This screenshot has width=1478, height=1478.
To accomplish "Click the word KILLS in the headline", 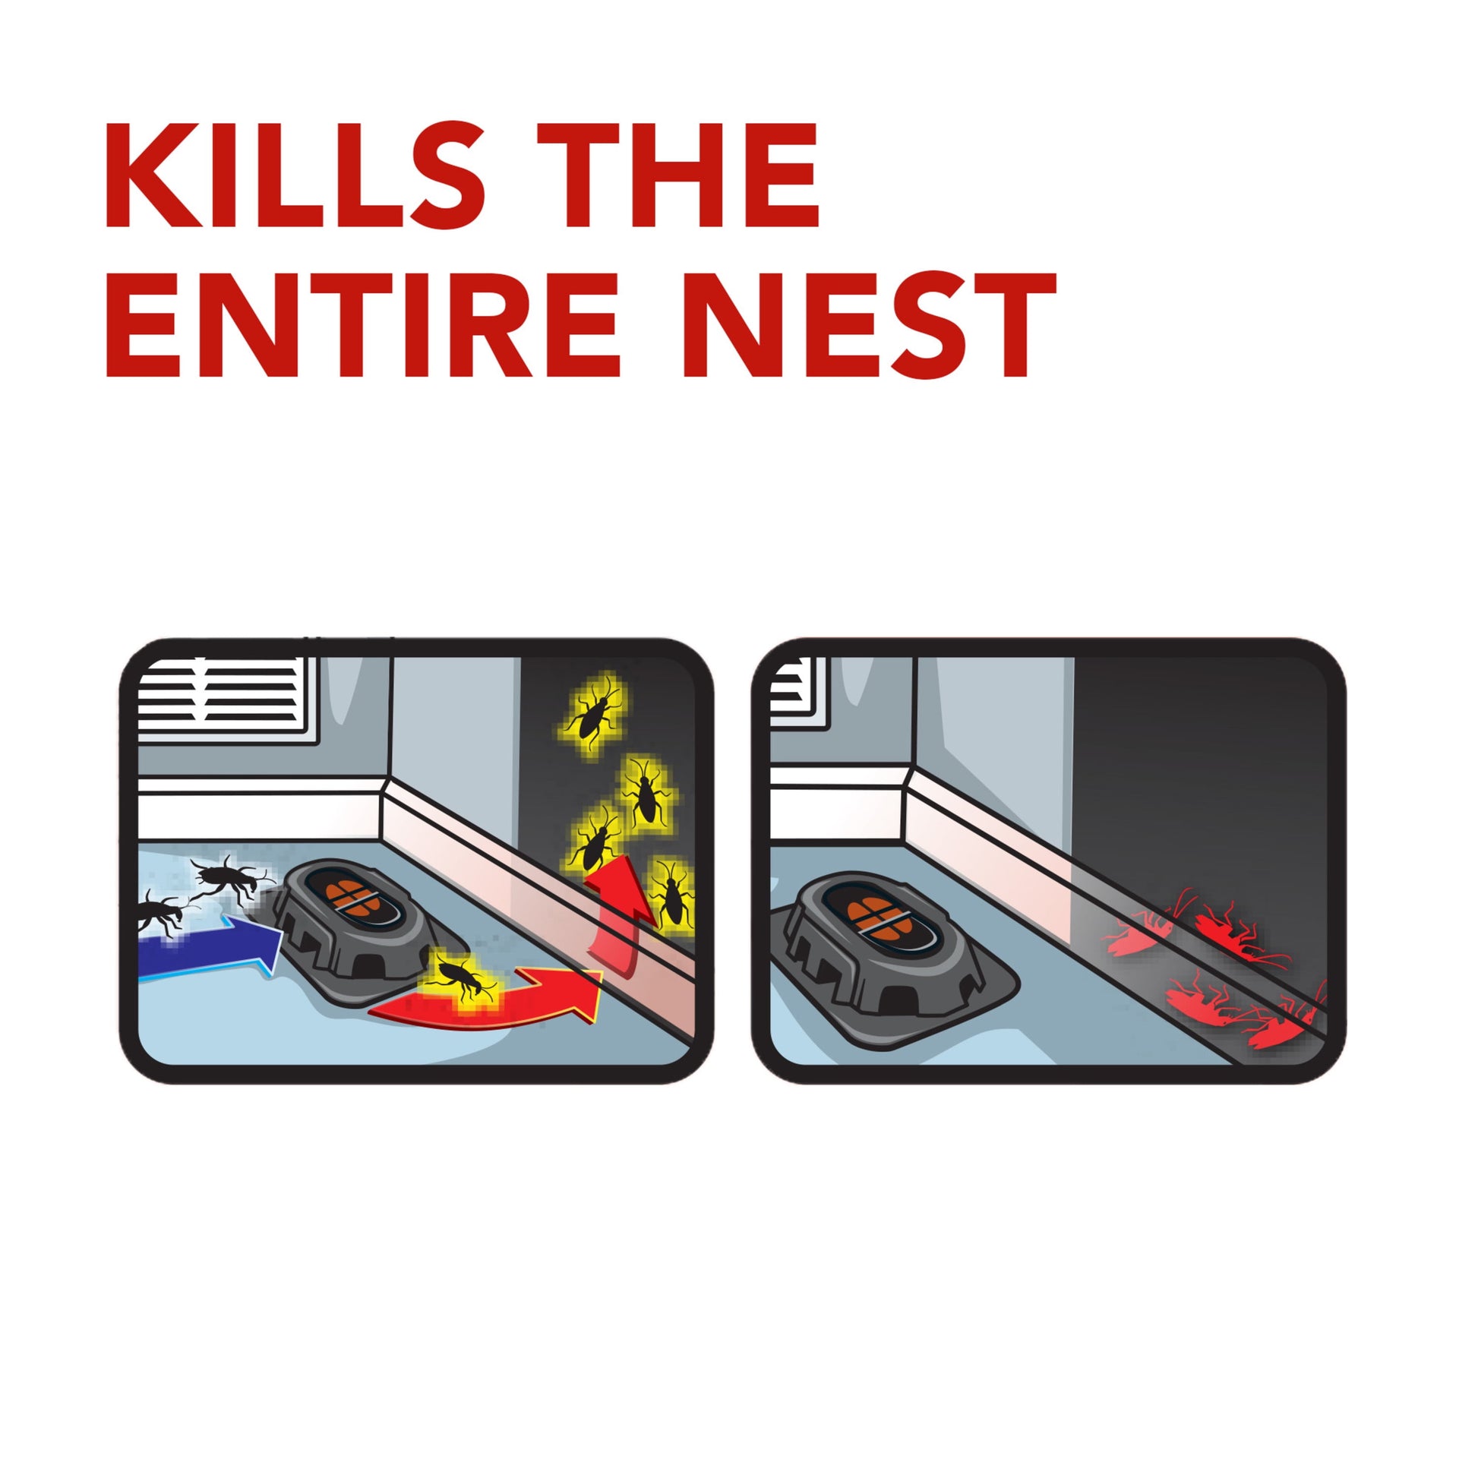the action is click(295, 175).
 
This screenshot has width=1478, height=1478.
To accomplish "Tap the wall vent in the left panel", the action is click(229, 700).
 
